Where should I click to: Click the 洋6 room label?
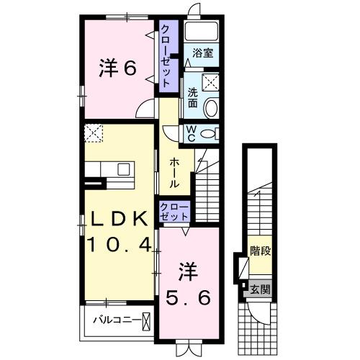coord(117,69)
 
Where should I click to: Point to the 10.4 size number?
coord(119,245)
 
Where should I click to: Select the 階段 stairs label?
coord(260,251)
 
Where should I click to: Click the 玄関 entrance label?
coord(260,290)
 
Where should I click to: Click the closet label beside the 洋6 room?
coord(166,55)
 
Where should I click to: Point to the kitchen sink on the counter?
coord(123,170)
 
